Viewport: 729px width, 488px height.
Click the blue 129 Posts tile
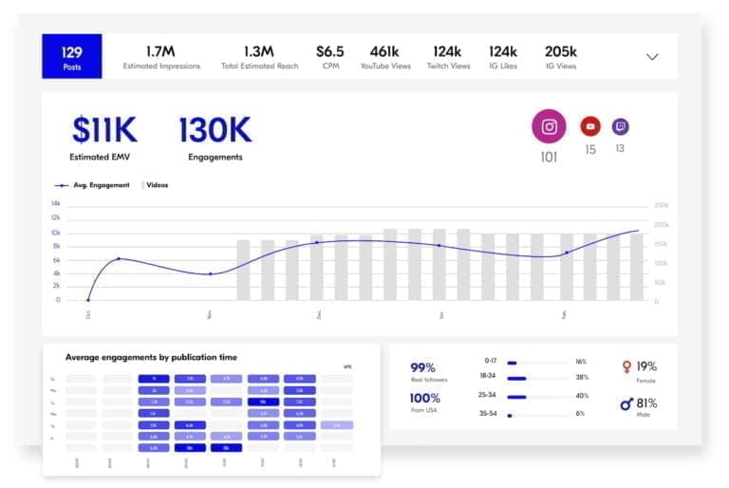coord(72,57)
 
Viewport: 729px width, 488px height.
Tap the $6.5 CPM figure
coord(330,51)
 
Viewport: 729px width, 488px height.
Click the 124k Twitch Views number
coord(446,51)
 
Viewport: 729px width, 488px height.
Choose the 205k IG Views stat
coord(561,51)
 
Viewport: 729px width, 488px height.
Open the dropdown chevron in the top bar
coord(652,57)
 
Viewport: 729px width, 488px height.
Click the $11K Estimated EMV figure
coord(104,129)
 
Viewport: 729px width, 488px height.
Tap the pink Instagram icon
coord(549,126)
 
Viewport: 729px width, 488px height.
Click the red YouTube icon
coord(590,126)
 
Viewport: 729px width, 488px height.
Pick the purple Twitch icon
coord(620,126)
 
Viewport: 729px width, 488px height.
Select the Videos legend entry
coord(156,185)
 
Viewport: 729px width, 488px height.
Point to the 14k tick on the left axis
coord(56,204)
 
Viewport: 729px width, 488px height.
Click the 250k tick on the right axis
coord(662,205)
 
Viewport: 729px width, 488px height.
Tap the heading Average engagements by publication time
coord(151,357)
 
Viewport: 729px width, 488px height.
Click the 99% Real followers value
coord(422,367)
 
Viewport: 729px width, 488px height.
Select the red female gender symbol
coord(626,366)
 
